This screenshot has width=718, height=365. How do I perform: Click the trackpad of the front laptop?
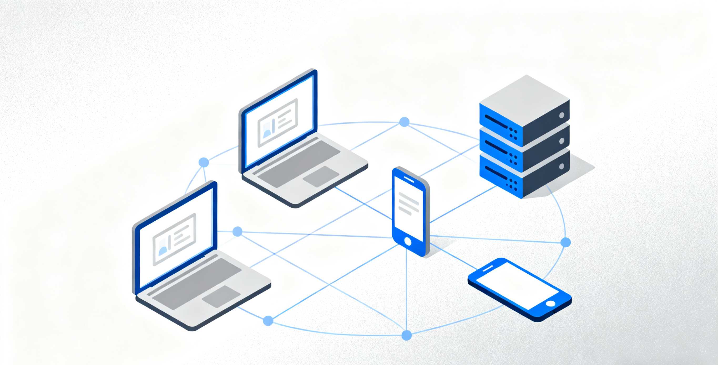pyautogui.click(x=221, y=296)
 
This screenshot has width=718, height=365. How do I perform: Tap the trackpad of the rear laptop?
pyautogui.click(x=321, y=177)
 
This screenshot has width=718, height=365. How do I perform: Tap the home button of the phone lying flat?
pyautogui.click(x=550, y=304)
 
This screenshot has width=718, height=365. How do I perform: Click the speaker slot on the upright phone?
pyautogui.click(x=409, y=179)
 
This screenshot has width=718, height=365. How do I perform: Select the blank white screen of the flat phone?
pyautogui.click(x=517, y=285)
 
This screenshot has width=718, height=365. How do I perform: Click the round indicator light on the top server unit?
pyautogui.click(x=562, y=115)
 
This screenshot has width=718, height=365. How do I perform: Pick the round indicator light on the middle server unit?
pyautogui.click(x=562, y=141)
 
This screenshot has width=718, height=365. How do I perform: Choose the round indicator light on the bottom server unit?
pyautogui.click(x=562, y=166)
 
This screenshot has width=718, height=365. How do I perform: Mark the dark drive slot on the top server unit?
pyautogui.click(x=496, y=122)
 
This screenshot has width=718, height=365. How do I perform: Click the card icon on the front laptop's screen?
pyautogui.click(x=174, y=239)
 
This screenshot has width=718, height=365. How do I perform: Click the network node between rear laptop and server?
pyautogui.click(x=404, y=122)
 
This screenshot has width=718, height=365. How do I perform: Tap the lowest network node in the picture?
pyautogui.click(x=407, y=335)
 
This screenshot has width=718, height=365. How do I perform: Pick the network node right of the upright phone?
pyautogui.click(x=565, y=242)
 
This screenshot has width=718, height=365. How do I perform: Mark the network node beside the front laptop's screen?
pyautogui.click(x=237, y=231)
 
